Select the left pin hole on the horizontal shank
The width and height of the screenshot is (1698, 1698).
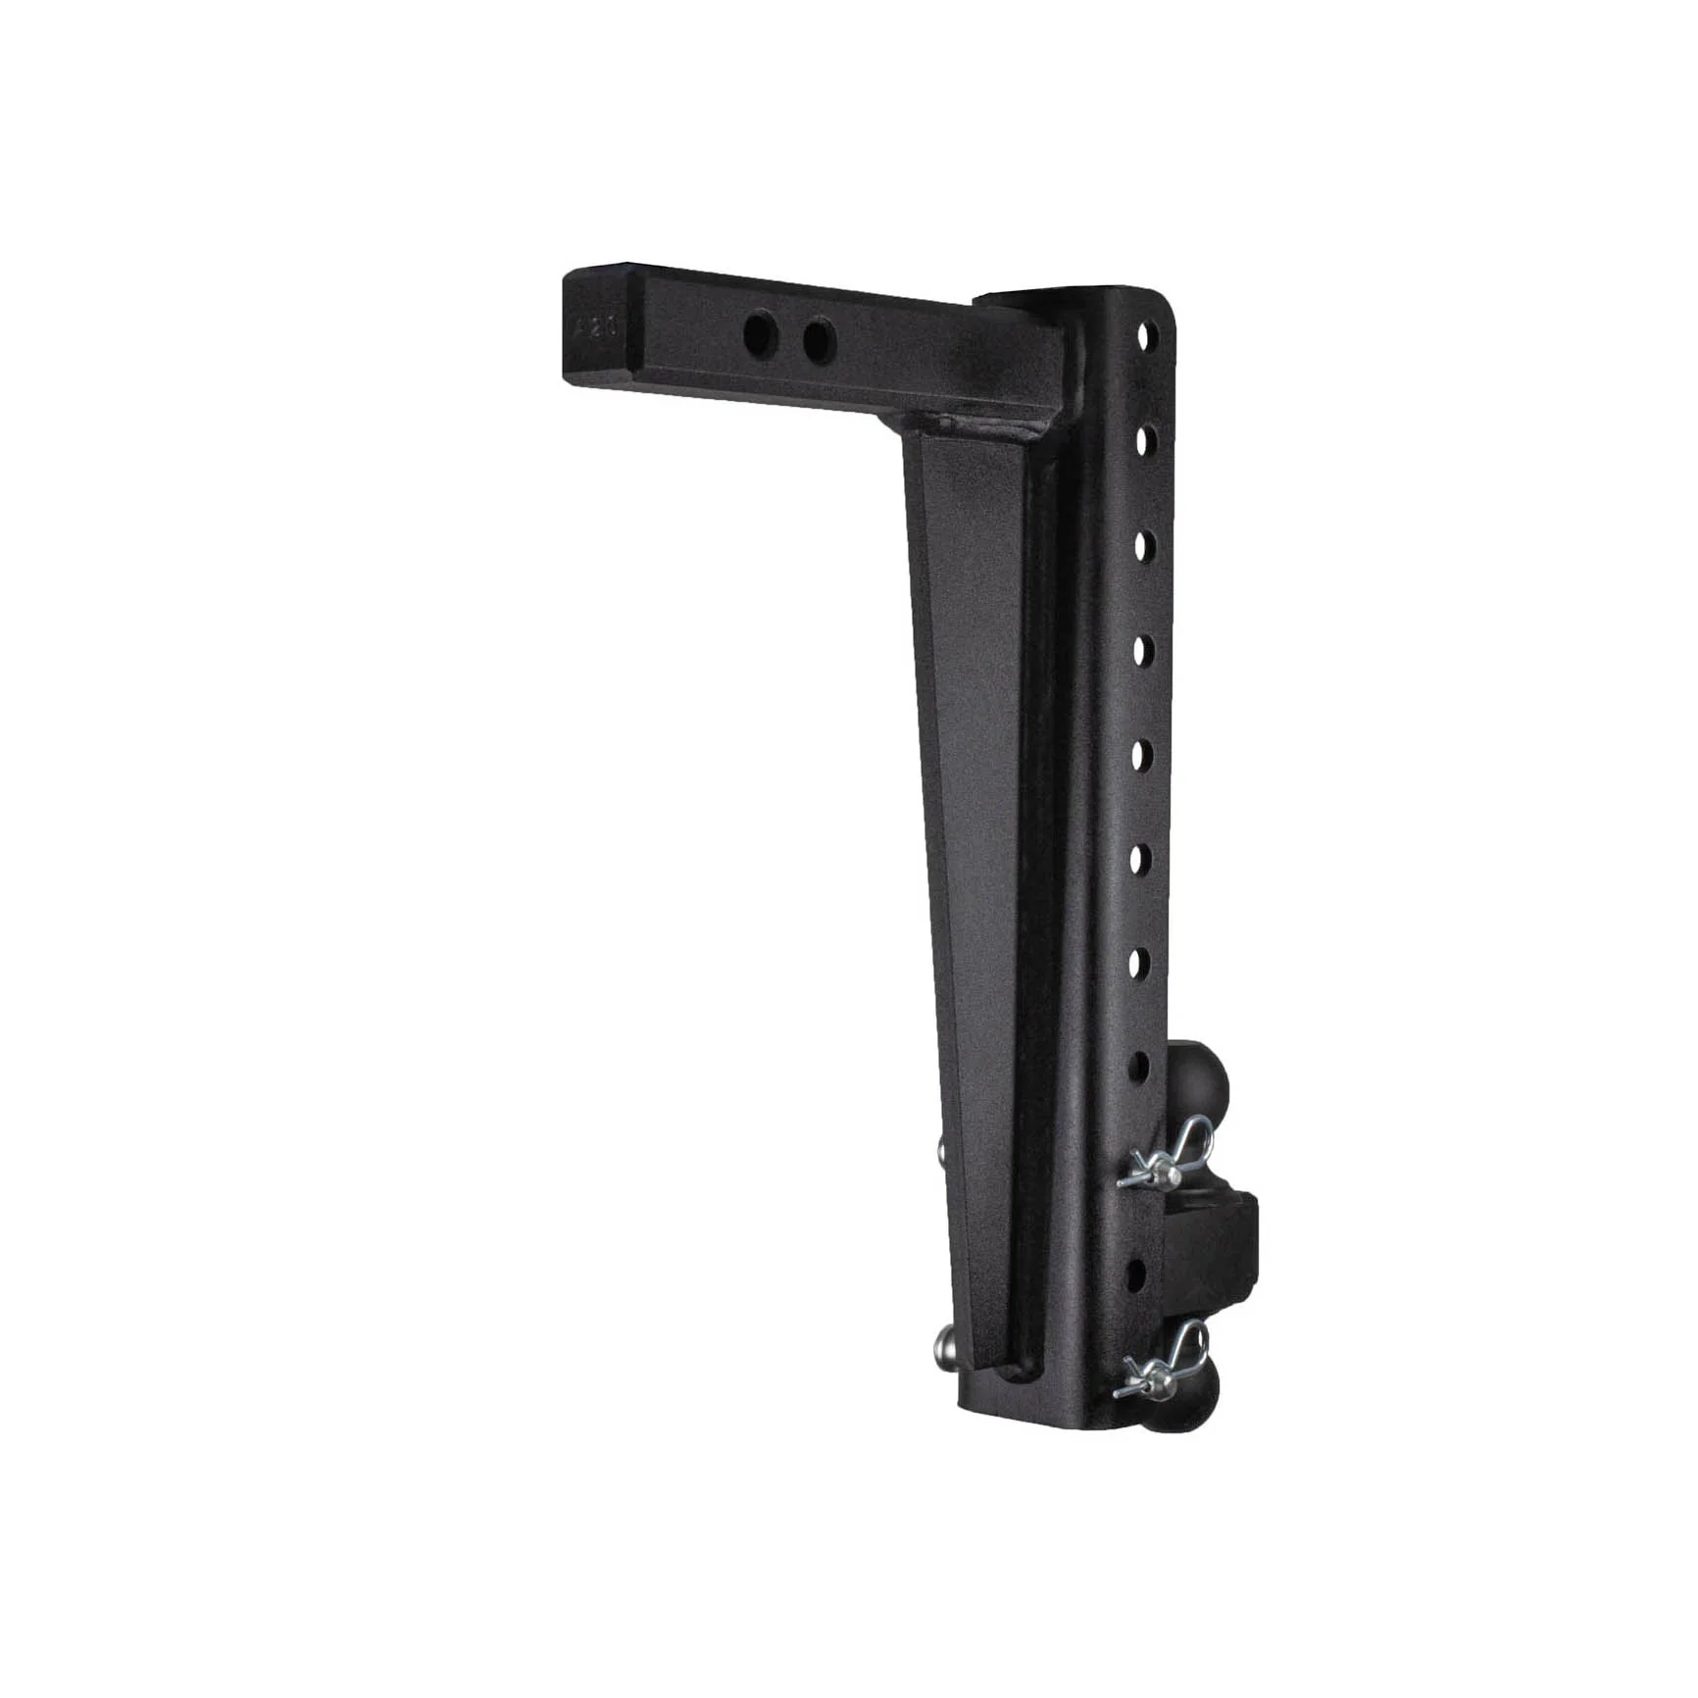760,336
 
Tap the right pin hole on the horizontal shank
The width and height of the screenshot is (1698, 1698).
819,341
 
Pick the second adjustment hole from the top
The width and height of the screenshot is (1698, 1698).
1144,440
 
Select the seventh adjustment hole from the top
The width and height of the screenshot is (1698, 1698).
1138,964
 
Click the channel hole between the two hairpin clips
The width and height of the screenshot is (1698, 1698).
1135,1274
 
